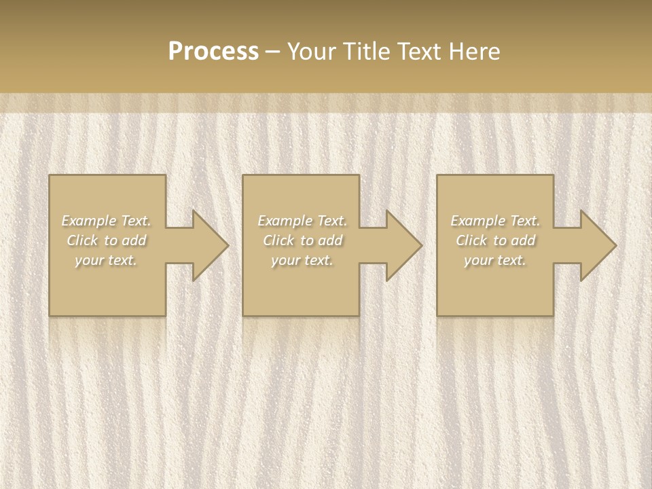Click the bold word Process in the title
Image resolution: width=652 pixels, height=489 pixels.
point(213,52)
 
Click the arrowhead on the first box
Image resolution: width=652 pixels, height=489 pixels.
point(207,245)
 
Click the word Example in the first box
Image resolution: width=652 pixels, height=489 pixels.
point(88,221)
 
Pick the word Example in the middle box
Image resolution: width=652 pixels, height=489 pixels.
point(284,221)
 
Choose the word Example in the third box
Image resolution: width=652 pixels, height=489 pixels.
point(477,221)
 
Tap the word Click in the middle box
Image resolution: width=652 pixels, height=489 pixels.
point(278,240)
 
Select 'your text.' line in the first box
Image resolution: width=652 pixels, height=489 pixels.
point(106,260)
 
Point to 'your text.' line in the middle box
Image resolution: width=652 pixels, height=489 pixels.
point(302,260)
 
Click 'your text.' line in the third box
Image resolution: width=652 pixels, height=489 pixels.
point(495,260)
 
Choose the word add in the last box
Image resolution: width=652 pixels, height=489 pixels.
point(524,240)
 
